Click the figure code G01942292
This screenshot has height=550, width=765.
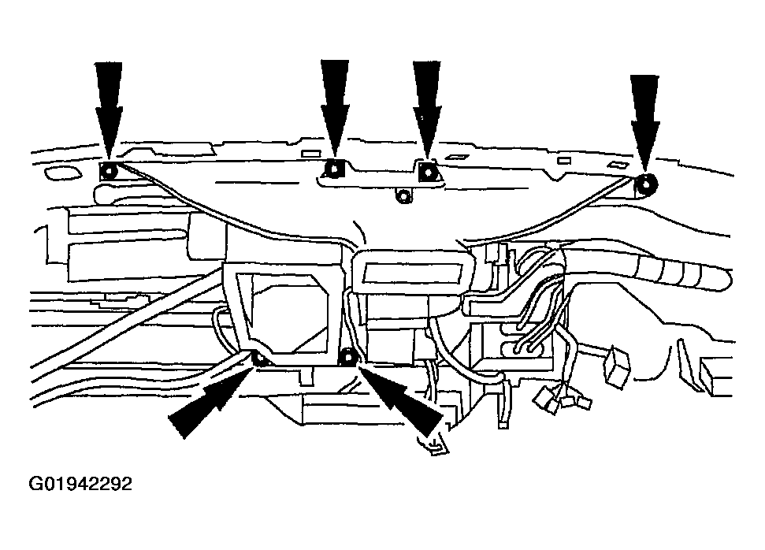coord(80,484)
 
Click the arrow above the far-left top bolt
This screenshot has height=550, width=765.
coord(108,111)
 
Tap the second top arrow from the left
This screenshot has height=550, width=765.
coord(334,110)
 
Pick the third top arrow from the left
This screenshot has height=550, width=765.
coord(427,110)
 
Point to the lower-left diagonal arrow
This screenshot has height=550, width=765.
coord(211,398)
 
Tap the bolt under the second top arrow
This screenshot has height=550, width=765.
coord(334,169)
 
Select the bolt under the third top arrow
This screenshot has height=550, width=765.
coord(427,171)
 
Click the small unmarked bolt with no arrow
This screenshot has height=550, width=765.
coord(403,196)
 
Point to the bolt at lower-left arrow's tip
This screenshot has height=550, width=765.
coord(259,359)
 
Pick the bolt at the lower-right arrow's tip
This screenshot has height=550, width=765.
coord(348,357)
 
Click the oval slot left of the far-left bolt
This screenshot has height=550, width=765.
coord(62,173)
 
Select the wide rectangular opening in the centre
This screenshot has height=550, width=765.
coord(413,273)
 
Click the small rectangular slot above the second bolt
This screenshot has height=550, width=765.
coord(311,154)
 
